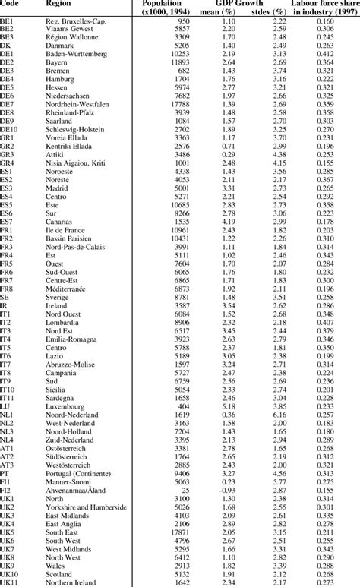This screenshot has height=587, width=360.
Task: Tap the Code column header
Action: tap(10, 5)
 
